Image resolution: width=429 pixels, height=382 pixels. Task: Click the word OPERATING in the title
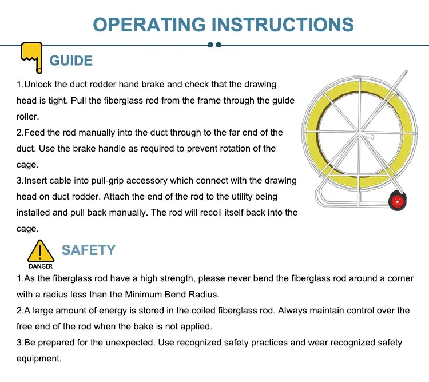[149, 25]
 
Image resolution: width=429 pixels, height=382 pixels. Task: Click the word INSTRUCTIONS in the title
[283, 25]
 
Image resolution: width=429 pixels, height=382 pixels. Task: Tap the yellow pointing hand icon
[32, 57]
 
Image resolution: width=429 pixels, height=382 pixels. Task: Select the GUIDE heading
[71, 61]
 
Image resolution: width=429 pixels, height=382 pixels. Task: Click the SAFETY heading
[89, 250]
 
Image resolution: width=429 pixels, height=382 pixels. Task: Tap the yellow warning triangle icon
[41, 251]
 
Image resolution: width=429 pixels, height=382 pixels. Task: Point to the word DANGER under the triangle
[41, 266]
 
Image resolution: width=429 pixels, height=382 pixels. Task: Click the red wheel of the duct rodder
[398, 201]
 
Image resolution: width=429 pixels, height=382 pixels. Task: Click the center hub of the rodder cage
[359, 133]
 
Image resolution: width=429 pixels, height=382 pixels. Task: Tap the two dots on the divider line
[214, 45]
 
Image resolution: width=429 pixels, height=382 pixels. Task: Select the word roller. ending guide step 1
[27, 117]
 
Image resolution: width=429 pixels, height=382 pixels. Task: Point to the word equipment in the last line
[39, 359]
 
